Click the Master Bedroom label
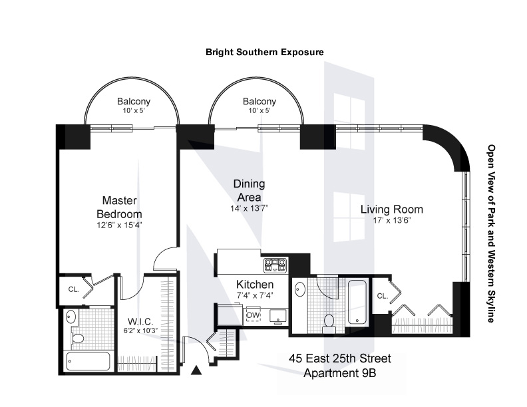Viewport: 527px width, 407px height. (x=119, y=207)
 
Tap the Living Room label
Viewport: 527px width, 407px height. (x=391, y=209)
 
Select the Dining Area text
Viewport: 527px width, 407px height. (x=249, y=190)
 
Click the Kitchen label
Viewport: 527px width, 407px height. (x=255, y=285)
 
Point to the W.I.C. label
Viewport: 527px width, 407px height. (x=140, y=322)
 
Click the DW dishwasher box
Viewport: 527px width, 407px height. (x=254, y=315)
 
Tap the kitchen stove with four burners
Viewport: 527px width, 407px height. (x=275, y=264)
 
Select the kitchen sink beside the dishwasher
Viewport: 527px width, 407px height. (x=277, y=317)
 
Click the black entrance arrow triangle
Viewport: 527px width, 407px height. (x=196, y=370)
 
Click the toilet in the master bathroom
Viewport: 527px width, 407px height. (x=77, y=338)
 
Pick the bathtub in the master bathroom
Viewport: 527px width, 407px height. (x=88, y=361)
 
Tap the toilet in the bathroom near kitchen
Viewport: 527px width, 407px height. (x=327, y=323)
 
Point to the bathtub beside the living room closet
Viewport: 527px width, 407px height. (x=357, y=301)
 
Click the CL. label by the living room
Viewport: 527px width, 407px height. (x=383, y=296)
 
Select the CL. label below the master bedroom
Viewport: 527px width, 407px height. (x=74, y=289)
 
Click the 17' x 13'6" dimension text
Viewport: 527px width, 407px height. (x=392, y=221)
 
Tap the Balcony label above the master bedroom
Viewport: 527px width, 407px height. (x=134, y=101)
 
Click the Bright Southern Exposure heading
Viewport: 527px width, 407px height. (x=265, y=52)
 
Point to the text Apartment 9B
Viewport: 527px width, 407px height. (x=340, y=373)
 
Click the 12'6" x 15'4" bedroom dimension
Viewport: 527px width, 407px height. (x=120, y=225)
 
